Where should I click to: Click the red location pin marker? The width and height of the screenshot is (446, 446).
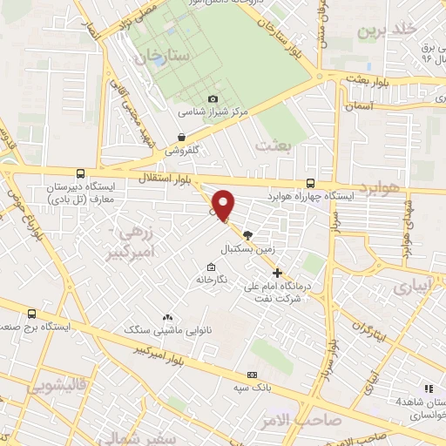224,206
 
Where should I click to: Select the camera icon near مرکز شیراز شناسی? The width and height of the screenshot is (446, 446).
213,99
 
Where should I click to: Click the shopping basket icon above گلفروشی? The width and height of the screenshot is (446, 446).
181,137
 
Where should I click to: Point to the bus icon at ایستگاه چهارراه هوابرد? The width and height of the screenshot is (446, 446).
310,183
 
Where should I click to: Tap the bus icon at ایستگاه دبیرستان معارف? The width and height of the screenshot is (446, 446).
80,174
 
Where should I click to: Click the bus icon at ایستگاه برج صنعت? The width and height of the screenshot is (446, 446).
32,314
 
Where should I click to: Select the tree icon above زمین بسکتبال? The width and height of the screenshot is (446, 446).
247,234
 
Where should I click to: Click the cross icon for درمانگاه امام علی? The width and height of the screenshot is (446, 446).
278,273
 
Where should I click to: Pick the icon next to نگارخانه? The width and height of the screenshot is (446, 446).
210,267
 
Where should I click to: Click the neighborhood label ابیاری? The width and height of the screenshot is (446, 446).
411,287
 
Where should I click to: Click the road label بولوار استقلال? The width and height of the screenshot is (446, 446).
160,178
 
